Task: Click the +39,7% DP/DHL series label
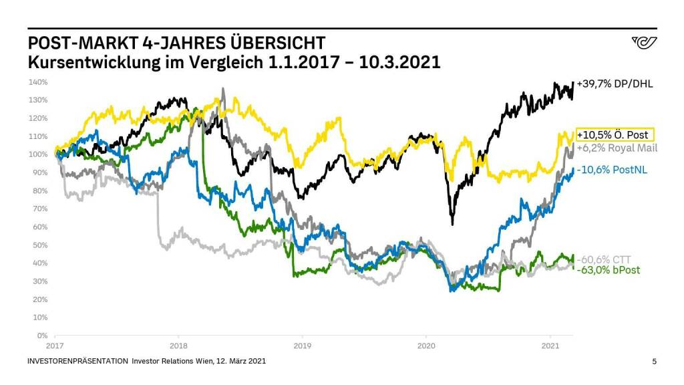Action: point(615,84)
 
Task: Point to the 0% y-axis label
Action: point(42,336)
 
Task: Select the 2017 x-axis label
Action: point(55,346)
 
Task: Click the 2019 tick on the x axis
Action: point(303,346)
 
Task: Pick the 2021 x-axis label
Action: point(550,346)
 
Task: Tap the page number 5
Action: point(654,362)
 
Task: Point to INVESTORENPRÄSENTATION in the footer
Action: point(77,362)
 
